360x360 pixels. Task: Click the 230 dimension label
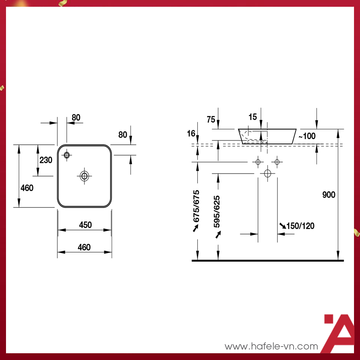pos(46,160)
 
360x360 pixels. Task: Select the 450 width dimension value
pos(85,225)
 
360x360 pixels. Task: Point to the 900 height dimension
pos(329,195)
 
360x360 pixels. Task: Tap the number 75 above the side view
pos(211,120)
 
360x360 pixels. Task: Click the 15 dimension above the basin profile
pos(253,117)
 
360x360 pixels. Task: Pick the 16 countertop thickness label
pos(191,133)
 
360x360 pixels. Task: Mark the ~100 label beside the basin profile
pos(307,136)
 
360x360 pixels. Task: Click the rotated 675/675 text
pos(196,206)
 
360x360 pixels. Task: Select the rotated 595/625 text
pos(217,212)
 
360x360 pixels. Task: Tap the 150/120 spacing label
pos(300,226)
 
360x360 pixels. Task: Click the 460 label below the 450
pos(84,247)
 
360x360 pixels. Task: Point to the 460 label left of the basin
pos(27,188)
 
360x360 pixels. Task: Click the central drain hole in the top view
pos(84,175)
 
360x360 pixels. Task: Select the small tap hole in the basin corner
pos(67,154)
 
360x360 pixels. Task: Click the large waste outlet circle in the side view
pos(267,174)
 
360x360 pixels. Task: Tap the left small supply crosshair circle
pos(258,162)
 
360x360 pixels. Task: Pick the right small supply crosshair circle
pos(277,162)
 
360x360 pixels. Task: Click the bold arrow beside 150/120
pos(282,225)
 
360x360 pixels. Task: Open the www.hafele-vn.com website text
pos(271,346)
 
